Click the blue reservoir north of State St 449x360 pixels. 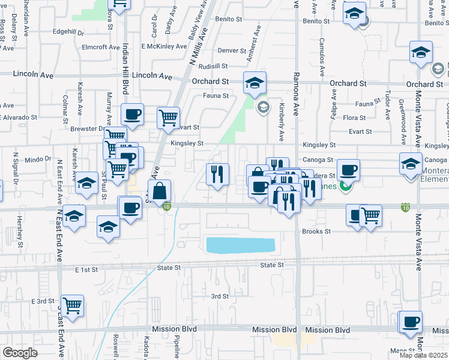pyautogui.click(x=241, y=245)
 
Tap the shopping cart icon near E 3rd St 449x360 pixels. pyautogui.click(x=72, y=305)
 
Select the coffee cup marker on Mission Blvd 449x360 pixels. pyautogui.click(x=412, y=322)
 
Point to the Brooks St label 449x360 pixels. pyautogui.click(x=316, y=231)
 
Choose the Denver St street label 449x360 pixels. pyautogui.click(x=232, y=50)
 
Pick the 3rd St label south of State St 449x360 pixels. pyautogui.click(x=220, y=296)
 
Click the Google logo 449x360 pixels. pyautogui.click(x=20, y=353)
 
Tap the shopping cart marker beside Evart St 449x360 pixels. pyautogui.click(x=169, y=117)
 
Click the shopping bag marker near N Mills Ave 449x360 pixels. pyautogui.click(x=159, y=192)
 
